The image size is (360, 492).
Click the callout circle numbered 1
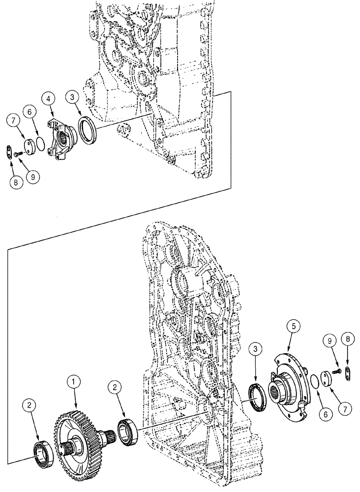point(73,381)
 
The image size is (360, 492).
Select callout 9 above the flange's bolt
point(330,340)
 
